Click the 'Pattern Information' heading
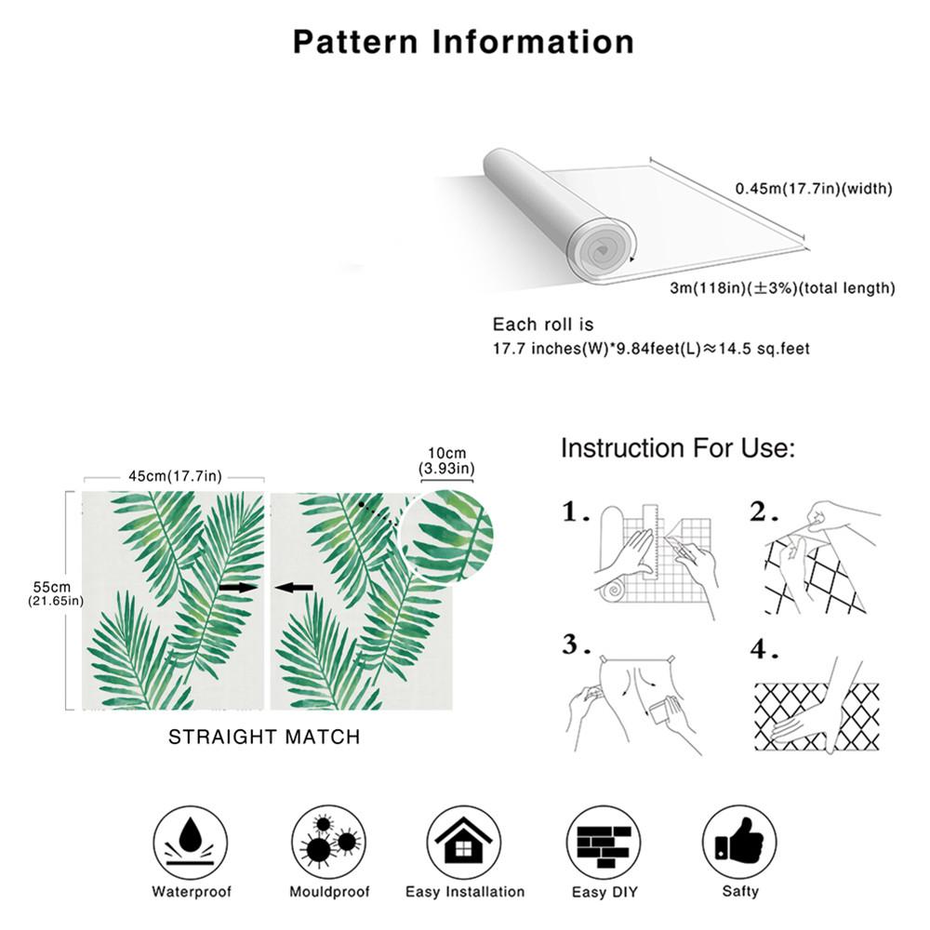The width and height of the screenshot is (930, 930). [x=463, y=42]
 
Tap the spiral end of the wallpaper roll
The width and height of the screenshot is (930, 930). [x=601, y=249]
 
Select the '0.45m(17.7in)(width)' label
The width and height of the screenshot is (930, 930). [x=814, y=189]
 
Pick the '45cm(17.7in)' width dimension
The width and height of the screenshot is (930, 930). [x=175, y=476]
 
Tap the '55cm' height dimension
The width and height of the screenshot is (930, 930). [x=52, y=588]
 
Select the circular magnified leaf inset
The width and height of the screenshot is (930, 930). [x=450, y=537]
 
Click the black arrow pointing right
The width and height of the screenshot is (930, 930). [x=239, y=588]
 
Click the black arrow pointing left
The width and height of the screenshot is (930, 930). [x=296, y=588]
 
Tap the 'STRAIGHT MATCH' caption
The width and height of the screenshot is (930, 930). [x=264, y=737]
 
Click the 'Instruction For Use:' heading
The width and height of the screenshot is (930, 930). [x=677, y=448]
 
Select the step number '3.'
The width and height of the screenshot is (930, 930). [x=577, y=644]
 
